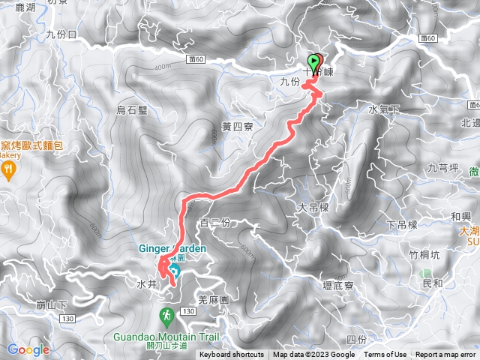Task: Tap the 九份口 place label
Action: point(61,34)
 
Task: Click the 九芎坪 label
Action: point(442,167)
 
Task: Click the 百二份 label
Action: point(216,223)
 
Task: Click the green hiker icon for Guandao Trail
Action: point(166,315)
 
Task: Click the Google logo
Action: point(28,349)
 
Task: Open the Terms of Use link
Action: point(385,355)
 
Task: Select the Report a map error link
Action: point(445,355)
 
